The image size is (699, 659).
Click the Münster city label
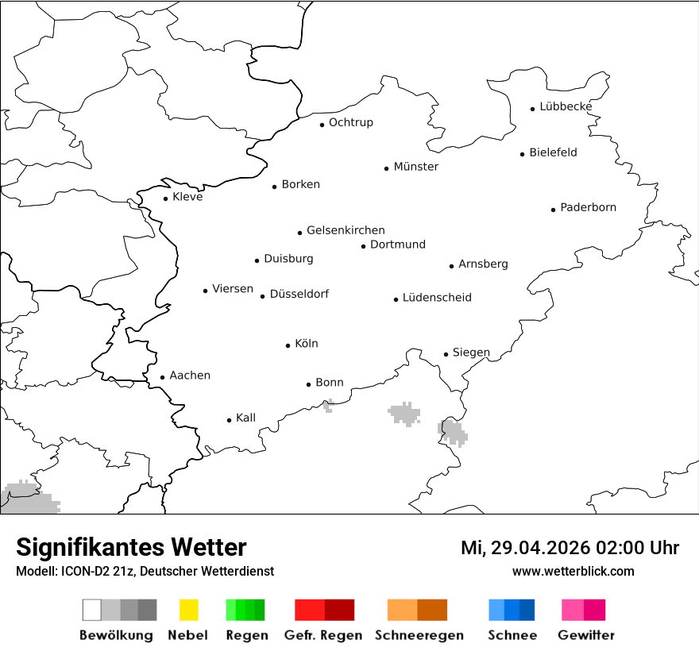(x=415, y=167)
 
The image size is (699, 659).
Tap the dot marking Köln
(x=288, y=345)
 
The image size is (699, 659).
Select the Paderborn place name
(x=588, y=207)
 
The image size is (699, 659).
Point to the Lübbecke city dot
(x=533, y=109)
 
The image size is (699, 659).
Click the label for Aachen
(x=190, y=376)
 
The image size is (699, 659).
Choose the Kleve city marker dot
(x=165, y=198)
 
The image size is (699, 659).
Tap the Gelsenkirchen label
(x=346, y=230)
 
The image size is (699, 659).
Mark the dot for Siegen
(x=446, y=354)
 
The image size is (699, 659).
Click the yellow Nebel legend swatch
(x=189, y=610)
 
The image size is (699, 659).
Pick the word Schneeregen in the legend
(x=419, y=635)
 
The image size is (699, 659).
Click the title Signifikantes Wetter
(x=131, y=548)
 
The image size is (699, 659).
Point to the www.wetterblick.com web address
(x=573, y=571)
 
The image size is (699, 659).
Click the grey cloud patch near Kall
(x=328, y=407)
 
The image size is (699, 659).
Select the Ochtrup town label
(x=350, y=122)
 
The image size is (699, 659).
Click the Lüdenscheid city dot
(x=396, y=299)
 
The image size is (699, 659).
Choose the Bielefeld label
(x=553, y=152)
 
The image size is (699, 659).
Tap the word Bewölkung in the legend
(x=116, y=635)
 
